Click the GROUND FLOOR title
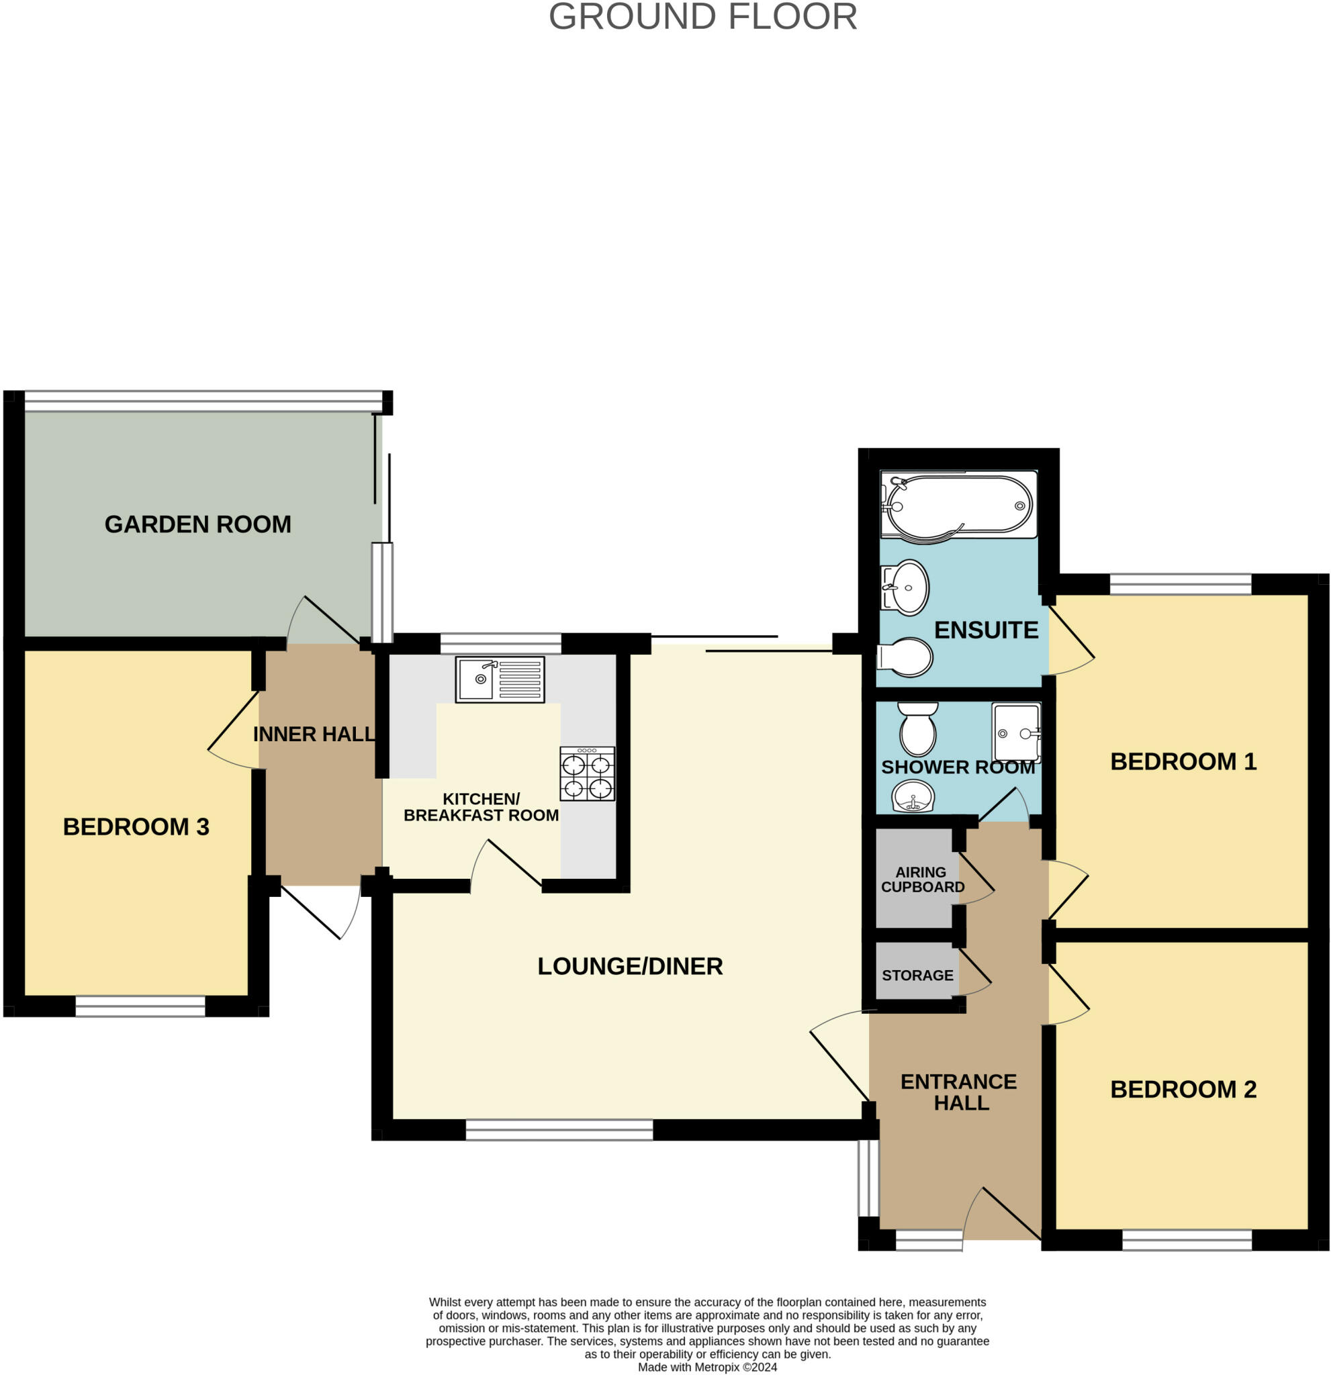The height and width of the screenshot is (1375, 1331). pyautogui.click(x=702, y=17)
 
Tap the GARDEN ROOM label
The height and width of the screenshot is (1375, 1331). pyautogui.click(x=198, y=524)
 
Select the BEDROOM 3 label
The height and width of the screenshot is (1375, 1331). pyautogui.click(x=136, y=826)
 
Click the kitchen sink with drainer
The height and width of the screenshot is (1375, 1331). pyautogui.click(x=500, y=679)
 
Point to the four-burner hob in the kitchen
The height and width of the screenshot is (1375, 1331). pyautogui.click(x=586, y=774)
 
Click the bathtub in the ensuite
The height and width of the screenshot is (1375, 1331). pyautogui.click(x=958, y=505)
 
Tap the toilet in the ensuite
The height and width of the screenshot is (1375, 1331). pyautogui.click(x=906, y=657)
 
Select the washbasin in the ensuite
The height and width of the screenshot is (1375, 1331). pyautogui.click(x=906, y=587)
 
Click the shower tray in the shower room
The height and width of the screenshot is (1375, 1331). pyautogui.click(x=1015, y=733)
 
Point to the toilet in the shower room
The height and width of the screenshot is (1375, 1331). pyautogui.click(x=918, y=730)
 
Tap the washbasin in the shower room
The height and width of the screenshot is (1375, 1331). pyautogui.click(x=912, y=798)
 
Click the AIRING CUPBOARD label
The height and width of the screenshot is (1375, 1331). pyautogui.click(x=922, y=880)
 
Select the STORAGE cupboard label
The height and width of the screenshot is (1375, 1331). pyautogui.click(x=917, y=975)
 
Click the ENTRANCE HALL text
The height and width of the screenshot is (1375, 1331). pyautogui.click(x=959, y=1092)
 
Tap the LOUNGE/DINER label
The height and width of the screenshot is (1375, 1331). pyautogui.click(x=629, y=966)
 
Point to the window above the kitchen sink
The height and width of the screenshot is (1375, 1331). pyautogui.click(x=500, y=643)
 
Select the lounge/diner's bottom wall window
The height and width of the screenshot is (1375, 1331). pyautogui.click(x=559, y=1129)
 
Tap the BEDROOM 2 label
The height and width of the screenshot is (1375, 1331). pyautogui.click(x=1183, y=1090)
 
